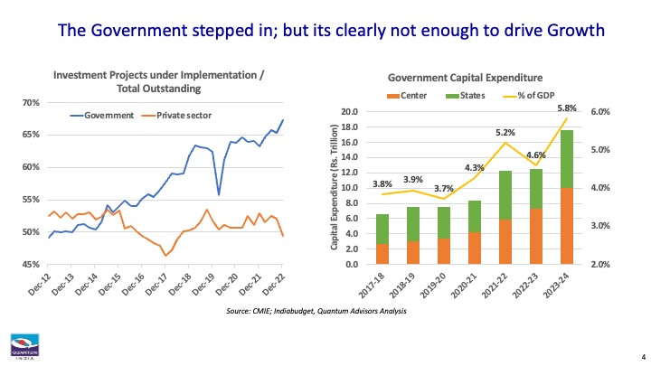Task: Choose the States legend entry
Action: click(469, 94)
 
